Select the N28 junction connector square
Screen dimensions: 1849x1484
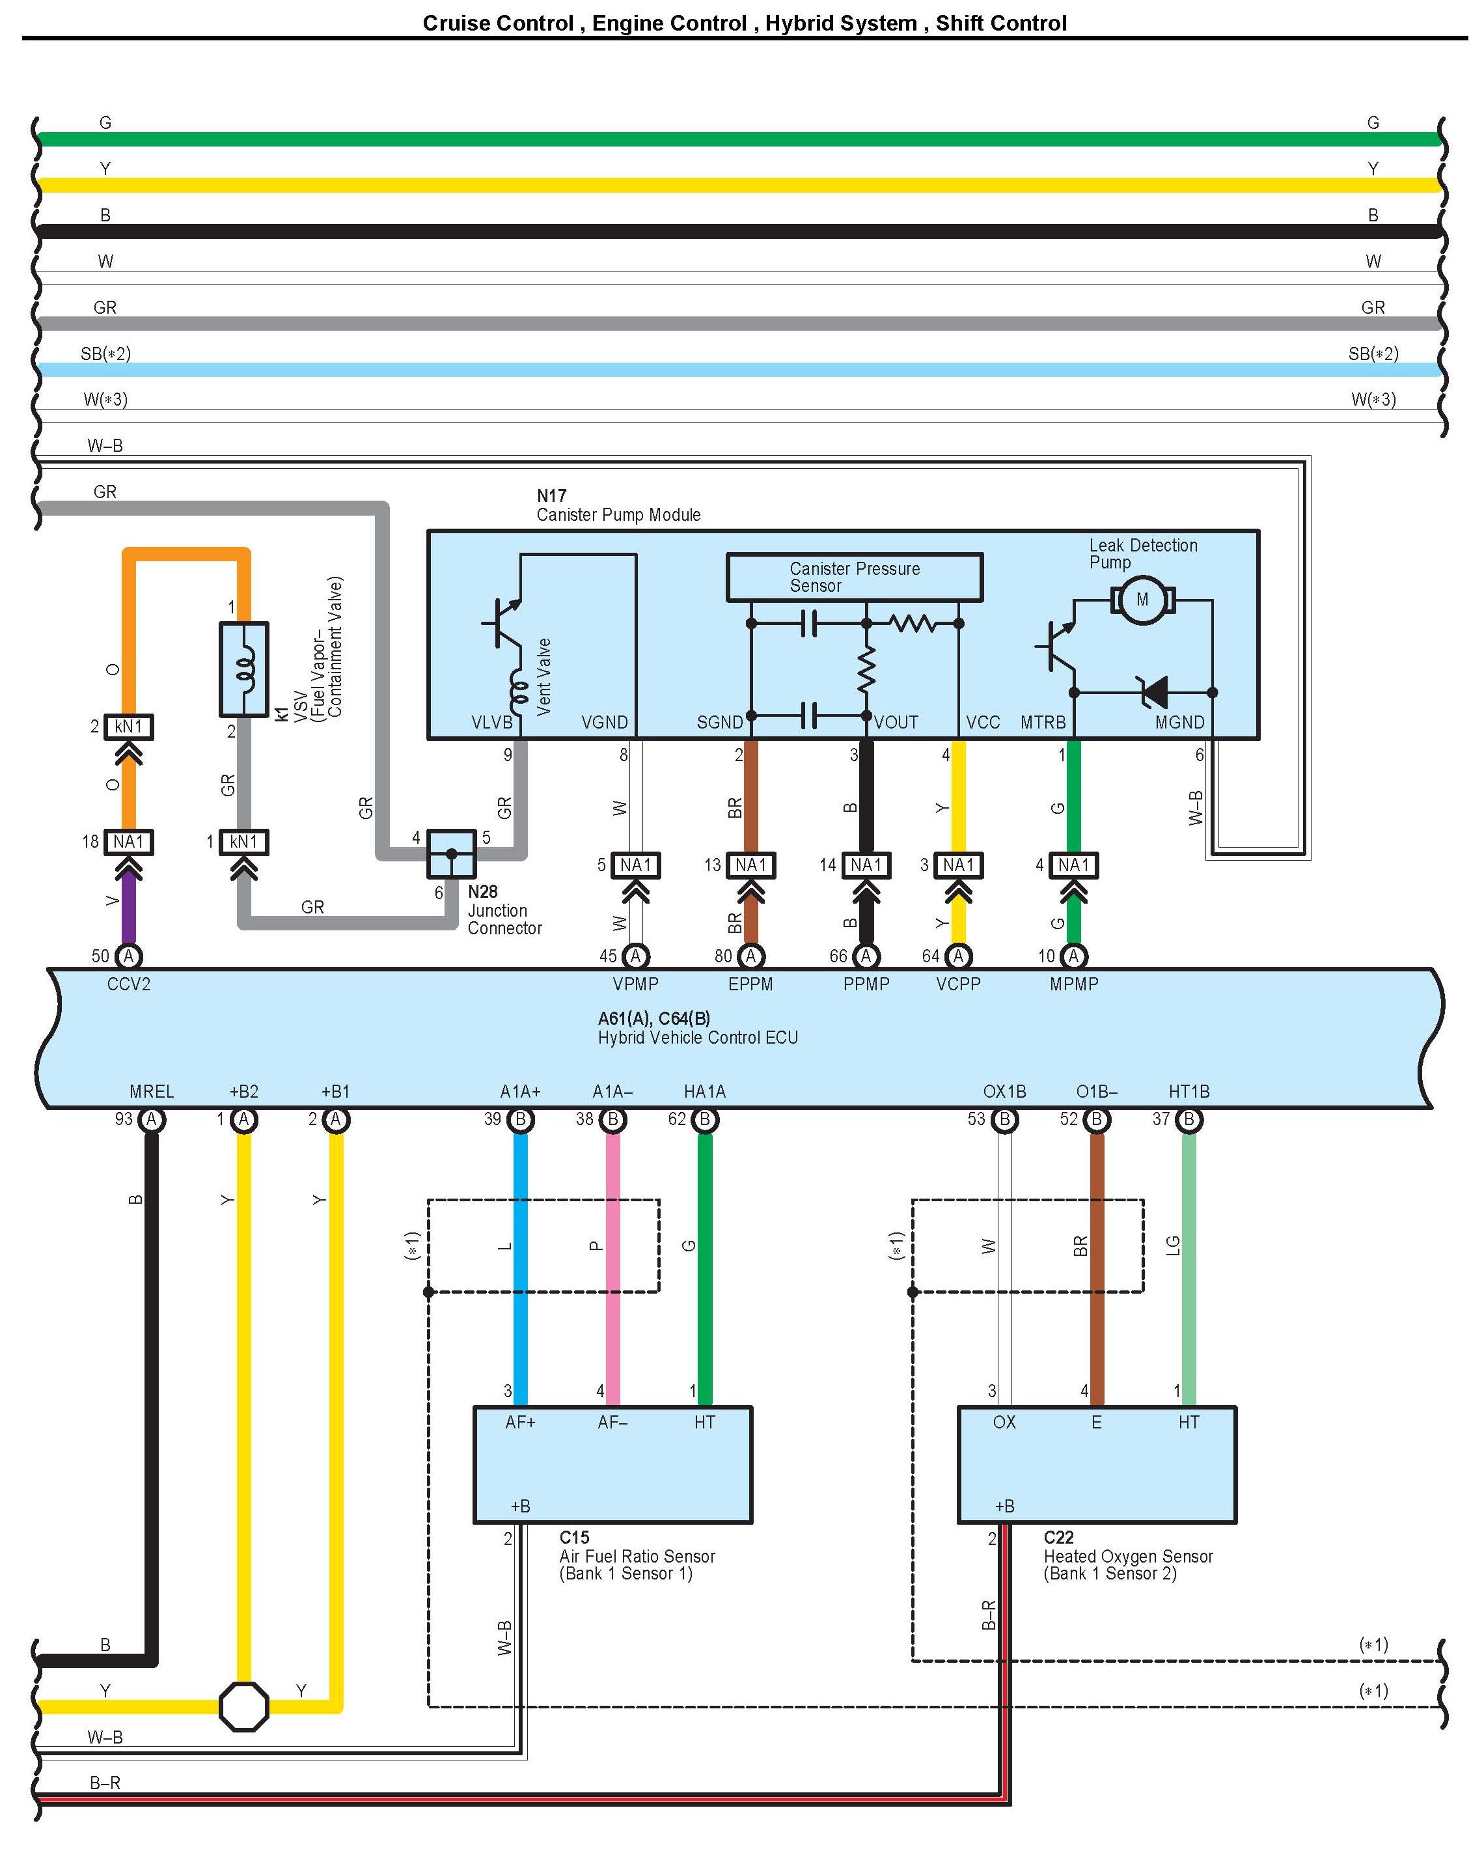click(451, 854)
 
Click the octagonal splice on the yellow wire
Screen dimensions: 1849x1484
click(244, 1706)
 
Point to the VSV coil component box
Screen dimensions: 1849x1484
click(244, 669)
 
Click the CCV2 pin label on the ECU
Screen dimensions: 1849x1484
click(129, 984)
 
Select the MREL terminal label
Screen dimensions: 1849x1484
click(152, 1092)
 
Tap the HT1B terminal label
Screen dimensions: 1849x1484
click(1189, 1092)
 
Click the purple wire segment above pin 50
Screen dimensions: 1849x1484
click(129, 909)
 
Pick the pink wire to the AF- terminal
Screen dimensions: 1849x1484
click(613, 1270)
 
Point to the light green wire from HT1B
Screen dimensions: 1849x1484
click(1189, 1270)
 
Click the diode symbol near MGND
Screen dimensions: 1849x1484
click(1153, 691)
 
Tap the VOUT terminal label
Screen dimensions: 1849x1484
click(896, 723)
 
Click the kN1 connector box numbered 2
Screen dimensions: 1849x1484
click(129, 727)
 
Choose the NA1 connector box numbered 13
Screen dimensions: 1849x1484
click(751, 865)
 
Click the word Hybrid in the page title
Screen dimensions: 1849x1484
click(797, 23)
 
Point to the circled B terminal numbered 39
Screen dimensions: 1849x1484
click(521, 1119)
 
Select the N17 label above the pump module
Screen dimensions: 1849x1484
click(551, 495)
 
